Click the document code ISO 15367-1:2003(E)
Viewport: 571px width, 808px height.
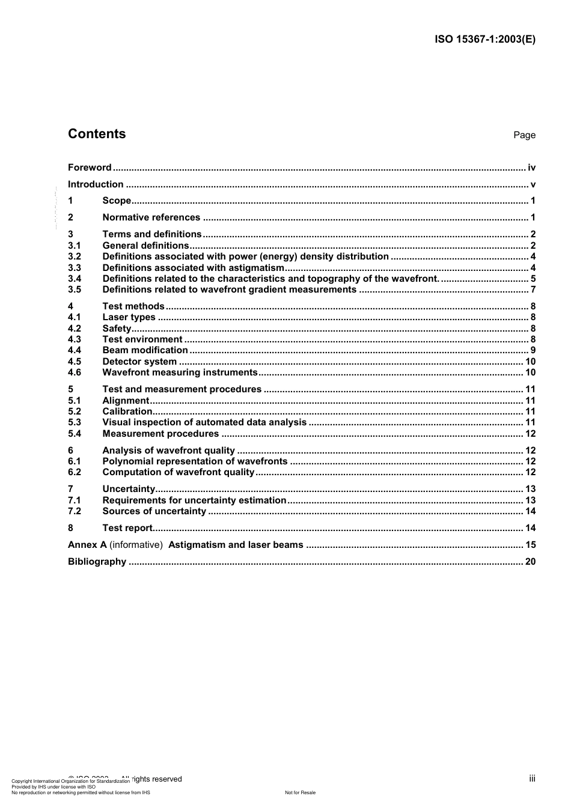coord(484,40)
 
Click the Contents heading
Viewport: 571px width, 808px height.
coord(97,134)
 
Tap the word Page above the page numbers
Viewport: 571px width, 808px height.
coord(524,135)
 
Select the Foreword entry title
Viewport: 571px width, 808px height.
coord(90,168)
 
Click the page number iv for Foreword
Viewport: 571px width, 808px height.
coord(531,168)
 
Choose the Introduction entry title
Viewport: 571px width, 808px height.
coord(96,184)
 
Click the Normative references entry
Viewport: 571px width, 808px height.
coord(151,217)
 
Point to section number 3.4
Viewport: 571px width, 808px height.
coord(75,279)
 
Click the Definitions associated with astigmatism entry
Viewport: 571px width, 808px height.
coord(193,268)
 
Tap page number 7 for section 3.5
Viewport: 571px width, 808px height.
coord(533,290)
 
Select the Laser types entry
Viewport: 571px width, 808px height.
coord(129,317)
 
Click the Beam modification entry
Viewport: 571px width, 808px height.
coord(145,350)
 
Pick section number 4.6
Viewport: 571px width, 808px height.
coord(75,372)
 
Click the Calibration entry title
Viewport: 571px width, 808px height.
coord(127,412)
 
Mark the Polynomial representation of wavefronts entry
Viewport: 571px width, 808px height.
coord(195,461)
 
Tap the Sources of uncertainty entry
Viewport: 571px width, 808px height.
coord(154,511)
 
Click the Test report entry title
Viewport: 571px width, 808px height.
coord(127,528)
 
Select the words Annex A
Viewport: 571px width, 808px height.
coord(87,545)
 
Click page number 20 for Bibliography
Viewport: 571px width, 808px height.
coord(530,562)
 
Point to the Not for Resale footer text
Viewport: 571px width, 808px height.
coord(300,792)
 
